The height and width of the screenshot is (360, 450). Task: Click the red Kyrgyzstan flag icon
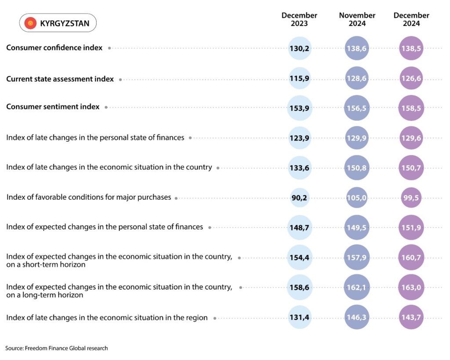click(30, 23)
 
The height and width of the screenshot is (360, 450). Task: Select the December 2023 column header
click(299, 19)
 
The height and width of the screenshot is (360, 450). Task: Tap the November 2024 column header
click(357, 19)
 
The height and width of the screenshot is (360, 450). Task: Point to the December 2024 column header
click(411, 19)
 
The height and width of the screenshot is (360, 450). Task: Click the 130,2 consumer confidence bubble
click(299, 48)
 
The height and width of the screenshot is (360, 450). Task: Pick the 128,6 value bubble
click(356, 78)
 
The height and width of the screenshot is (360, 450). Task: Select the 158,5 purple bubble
click(411, 108)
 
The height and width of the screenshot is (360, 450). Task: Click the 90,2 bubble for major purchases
click(299, 198)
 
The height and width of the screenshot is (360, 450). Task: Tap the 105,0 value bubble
click(356, 198)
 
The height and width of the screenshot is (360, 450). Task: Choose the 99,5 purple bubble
click(411, 198)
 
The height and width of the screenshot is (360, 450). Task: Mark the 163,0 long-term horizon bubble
click(411, 287)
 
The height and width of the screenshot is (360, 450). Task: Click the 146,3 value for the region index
click(356, 317)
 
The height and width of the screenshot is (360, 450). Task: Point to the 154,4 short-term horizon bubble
click(299, 257)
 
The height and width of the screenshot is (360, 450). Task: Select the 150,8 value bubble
click(356, 168)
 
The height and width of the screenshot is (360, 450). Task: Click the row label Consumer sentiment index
click(53, 107)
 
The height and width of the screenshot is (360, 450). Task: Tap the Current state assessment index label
click(60, 79)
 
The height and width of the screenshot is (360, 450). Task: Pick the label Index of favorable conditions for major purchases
click(89, 197)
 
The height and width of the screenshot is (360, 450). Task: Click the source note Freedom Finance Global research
click(57, 348)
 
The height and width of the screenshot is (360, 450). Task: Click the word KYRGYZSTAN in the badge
click(65, 23)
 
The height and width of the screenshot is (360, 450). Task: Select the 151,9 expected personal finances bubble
click(411, 227)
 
